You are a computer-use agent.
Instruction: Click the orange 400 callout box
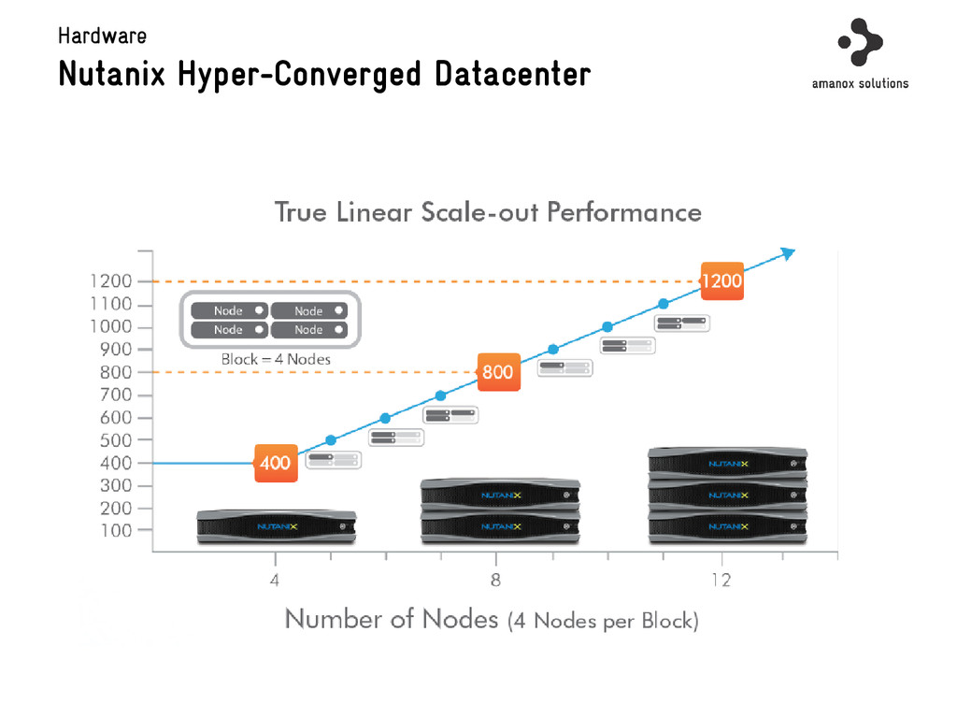tap(276, 463)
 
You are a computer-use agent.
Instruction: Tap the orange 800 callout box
tap(497, 372)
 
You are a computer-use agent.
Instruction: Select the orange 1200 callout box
tap(721, 281)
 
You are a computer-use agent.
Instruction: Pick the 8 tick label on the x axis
tap(495, 580)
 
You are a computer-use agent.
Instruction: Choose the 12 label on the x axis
tap(721, 580)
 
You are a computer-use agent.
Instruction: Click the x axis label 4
tap(275, 580)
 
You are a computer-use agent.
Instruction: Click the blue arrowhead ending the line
tap(787, 253)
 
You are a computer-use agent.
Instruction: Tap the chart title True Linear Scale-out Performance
tap(488, 212)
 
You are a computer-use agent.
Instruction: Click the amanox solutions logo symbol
tap(860, 41)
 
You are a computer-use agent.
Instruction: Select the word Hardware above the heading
tap(102, 36)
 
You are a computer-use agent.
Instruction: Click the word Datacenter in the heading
tap(512, 73)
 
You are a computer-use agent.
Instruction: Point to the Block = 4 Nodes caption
tap(276, 359)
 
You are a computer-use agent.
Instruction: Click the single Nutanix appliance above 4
tap(277, 527)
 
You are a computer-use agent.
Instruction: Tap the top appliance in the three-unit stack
tap(727, 462)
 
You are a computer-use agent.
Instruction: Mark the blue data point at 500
tap(330, 439)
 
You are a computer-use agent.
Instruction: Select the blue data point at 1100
tap(663, 304)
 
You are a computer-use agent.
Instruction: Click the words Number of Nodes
tap(392, 619)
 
